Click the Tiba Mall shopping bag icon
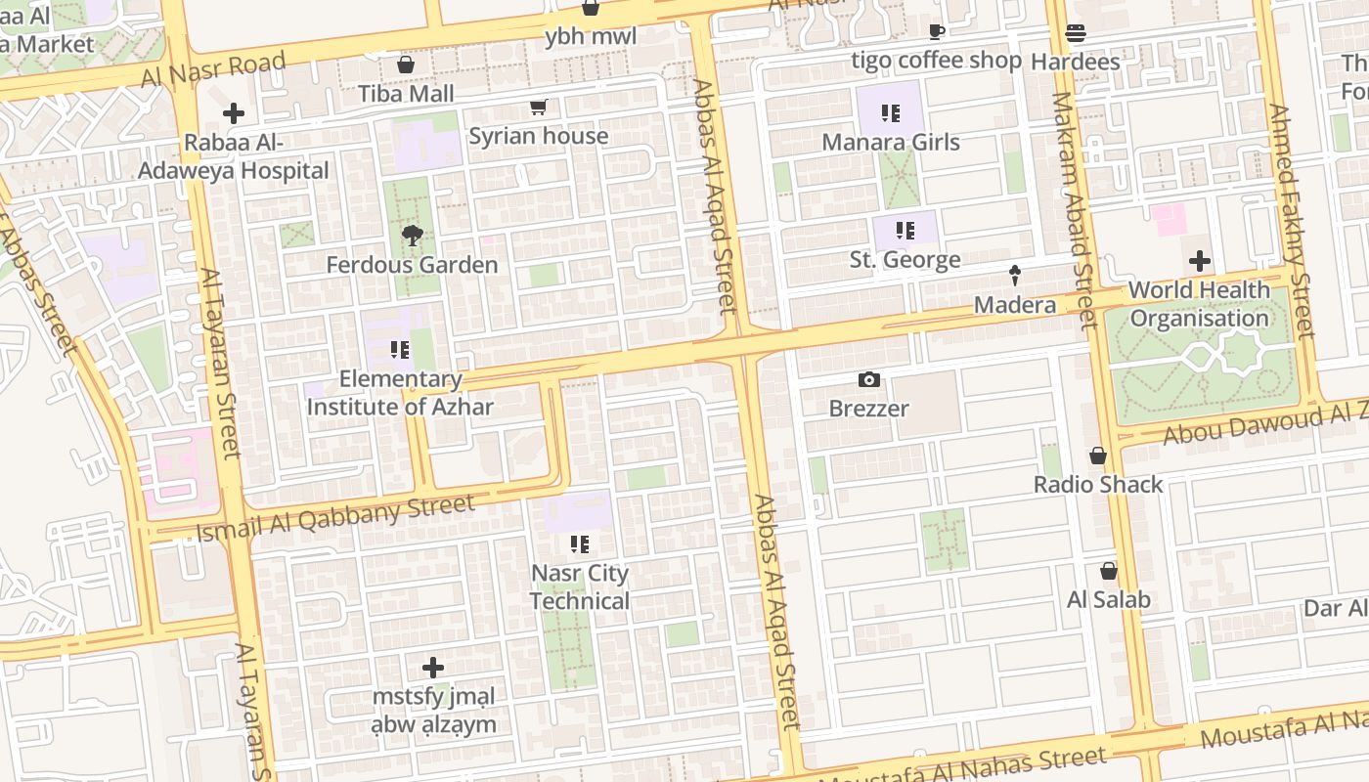(x=406, y=65)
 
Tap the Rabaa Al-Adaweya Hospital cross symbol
(x=233, y=113)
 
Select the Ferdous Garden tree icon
(x=412, y=236)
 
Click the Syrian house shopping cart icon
(x=538, y=107)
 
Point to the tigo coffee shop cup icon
(x=936, y=32)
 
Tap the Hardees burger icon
(x=1076, y=34)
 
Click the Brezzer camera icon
(x=868, y=380)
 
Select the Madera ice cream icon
(x=1015, y=277)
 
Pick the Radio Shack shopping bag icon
(x=1098, y=456)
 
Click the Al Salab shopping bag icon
(x=1109, y=571)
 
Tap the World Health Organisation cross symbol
(x=1199, y=262)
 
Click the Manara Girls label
(x=891, y=143)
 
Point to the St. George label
(x=905, y=260)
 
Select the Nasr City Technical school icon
(x=580, y=543)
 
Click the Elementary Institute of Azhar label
(x=400, y=393)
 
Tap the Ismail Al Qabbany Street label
(x=335, y=518)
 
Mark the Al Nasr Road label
(x=213, y=69)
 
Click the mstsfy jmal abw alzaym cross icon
(x=433, y=669)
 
